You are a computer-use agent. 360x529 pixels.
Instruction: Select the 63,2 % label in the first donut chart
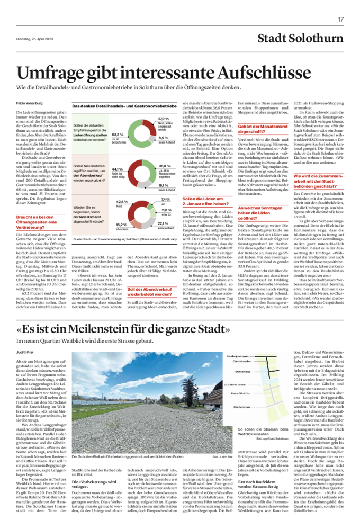pos(117,135)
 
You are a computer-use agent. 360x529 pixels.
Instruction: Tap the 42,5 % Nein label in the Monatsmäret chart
pos(122,202)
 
